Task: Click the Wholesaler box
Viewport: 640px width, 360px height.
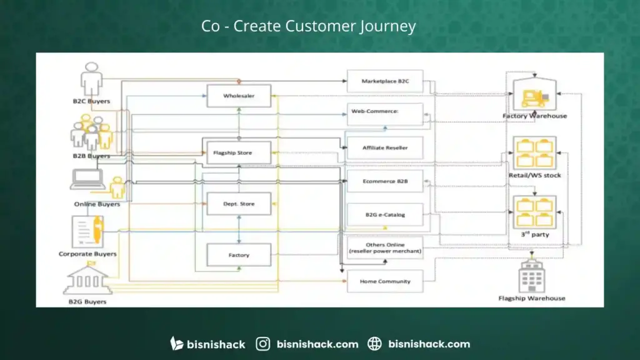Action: point(239,96)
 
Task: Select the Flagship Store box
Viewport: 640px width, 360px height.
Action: point(239,152)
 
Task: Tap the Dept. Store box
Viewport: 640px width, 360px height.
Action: point(239,204)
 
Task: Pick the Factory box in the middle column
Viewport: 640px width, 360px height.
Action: point(239,255)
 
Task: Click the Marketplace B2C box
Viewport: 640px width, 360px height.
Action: point(385,81)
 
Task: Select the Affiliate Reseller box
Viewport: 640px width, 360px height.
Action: point(385,147)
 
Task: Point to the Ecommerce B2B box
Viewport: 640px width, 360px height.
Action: point(385,181)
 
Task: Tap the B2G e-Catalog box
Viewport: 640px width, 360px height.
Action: point(385,214)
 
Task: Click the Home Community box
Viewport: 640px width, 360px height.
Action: point(385,281)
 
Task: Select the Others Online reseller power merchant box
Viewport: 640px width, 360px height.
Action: point(385,247)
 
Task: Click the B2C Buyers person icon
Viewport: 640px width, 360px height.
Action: point(91,78)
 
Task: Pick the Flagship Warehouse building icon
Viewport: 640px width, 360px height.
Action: point(532,276)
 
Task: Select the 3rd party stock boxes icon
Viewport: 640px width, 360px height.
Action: point(534,211)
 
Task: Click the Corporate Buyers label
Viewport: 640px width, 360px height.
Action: point(87,254)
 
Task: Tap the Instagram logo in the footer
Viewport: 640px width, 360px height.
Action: point(264,344)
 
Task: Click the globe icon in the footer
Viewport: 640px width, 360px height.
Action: point(374,344)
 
